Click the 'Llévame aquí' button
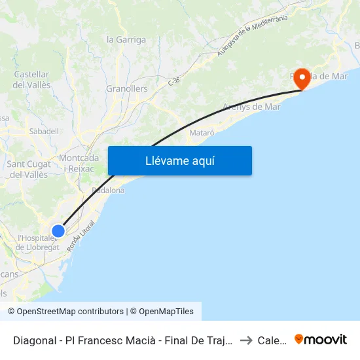pyautogui.click(x=179, y=161)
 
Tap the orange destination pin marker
pyautogui.click(x=302, y=79)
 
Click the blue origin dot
pyautogui.click(x=58, y=230)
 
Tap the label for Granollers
pyautogui.click(x=127, y=88)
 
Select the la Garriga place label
pyautogui.click(x=126, y=39)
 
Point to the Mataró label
pyautogui.click(x=202, y=132)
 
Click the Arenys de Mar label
pyautogui.click(x=251, y=107)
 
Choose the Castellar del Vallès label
pyautogui.click(x=31, y=80)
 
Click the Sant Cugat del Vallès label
pyautogui.click(x=27, y=169)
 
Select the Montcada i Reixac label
pyautogui.click(x=79, y=163)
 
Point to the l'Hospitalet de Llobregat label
pyautogui.click(x=38, y=242)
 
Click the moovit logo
pyautogui.click(x=321, y=340)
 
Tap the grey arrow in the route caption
pyautogui.click(x=246, y=340)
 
